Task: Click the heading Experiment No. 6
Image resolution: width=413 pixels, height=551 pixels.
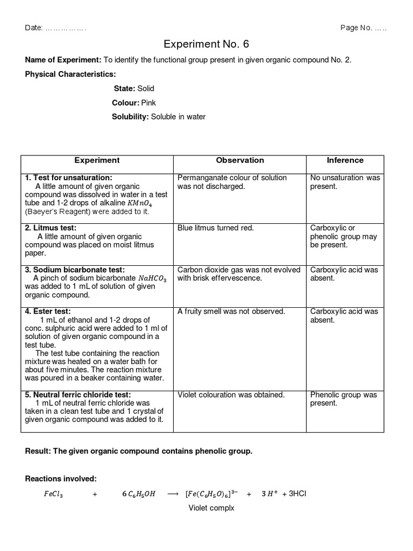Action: [x=206, y=44]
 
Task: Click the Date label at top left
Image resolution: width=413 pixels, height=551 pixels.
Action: [x=34, y=28]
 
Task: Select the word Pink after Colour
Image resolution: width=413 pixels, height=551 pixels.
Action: [x=149, y=102]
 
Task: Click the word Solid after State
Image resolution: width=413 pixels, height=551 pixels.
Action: [x=146, y=88]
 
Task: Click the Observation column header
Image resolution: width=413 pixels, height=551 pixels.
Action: [x=240, y=160]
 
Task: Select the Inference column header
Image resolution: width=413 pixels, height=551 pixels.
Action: [x=345, y=160]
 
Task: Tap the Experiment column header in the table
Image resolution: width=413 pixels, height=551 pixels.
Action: [x=97, y=160]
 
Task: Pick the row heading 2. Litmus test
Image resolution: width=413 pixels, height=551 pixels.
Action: [x=51, y=228]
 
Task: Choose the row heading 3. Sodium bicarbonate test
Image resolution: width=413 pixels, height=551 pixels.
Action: [x=75, y=270]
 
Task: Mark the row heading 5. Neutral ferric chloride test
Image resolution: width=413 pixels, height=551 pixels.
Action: [x=80, y=395]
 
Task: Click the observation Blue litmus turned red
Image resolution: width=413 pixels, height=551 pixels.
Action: [x=216, y=228]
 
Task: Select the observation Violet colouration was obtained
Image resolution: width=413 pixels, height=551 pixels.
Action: [x=231, y=395]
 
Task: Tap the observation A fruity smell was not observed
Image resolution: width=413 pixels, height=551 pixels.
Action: [x=231, y=312]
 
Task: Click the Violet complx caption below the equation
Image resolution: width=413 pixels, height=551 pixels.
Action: [x=211, y=508]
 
